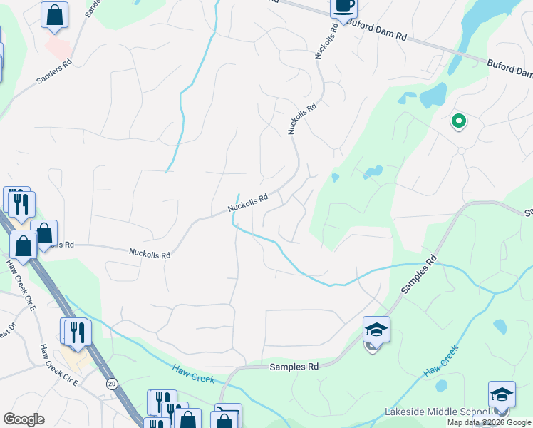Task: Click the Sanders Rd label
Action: pos(53,72)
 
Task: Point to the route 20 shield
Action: pos(112,384)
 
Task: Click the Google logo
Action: pos(24,419)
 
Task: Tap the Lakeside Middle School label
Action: pos(436,412)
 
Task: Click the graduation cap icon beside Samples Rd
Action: pos(376,330)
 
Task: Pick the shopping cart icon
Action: pos(227,416)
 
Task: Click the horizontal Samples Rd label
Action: pos(294,367)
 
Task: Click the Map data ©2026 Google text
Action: pos(489,422)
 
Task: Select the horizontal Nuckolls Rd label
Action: pos(150,253)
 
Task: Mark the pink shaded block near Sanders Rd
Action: pos(58,46)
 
